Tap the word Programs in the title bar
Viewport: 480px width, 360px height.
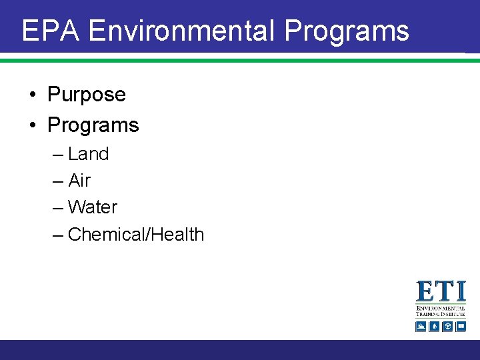pyautogui.click(x=346, y=31)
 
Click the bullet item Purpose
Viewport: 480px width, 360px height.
pyautogui.click(x=87, y=95)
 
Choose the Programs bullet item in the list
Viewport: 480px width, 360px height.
pyautogui.click(x=93, y=125)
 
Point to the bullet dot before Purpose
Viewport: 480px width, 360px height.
pyautogui.click(x=33, y=95)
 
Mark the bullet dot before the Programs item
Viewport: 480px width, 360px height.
pyautogui.click(x=33, y=125)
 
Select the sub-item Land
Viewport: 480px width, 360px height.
pyautogui.click(x=88, y=154)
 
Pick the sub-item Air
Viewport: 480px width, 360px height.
pyautogui.click(x=79, y=181)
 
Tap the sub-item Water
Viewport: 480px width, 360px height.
pyautogui.click(x=92, y=207)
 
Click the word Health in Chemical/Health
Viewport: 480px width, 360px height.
pyautogui.click(x=177, y=235)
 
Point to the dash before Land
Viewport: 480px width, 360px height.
pyautogui.click(x=58, y=155)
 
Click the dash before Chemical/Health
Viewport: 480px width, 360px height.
pyautogui.click(x=58, y=235)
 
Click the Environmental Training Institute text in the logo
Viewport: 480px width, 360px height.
pyautogui.click(x=441, y=311)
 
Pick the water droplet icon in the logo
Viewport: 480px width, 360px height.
pyautogui.click(x=434, y=326)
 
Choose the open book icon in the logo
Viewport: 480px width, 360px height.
pyautogui.click(x=460, y=326)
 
